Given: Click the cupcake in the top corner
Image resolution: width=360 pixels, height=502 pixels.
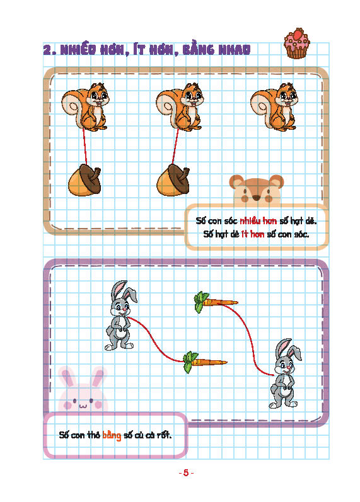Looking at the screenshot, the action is click(x=297, y=43).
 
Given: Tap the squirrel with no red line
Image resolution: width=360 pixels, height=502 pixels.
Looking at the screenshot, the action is click(x=274, y=107).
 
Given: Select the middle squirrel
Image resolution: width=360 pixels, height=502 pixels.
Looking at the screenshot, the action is click(x=180, y=107).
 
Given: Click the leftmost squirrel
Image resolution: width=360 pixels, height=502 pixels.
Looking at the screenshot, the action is click(x=86, y=107).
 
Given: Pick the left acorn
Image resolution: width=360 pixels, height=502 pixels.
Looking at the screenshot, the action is click(x=84, y=180).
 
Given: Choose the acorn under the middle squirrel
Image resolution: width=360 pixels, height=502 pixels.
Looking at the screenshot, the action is click(x=173, y=180).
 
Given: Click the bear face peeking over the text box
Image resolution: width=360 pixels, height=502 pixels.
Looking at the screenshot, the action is click(x=257, y=190).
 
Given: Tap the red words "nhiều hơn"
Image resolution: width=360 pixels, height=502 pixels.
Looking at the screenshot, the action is click(x=258, y=220).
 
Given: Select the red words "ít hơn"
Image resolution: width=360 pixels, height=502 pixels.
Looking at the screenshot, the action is click(x=253, y=234).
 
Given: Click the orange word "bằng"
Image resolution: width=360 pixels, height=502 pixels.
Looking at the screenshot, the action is click(x=112, y=435).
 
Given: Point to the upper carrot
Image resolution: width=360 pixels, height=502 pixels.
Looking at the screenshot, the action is click(x=216, y=302).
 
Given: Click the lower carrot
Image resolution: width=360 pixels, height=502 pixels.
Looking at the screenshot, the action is click(x=205, y=362).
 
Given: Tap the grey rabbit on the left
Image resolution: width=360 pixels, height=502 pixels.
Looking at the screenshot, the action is click(x=120, y=316).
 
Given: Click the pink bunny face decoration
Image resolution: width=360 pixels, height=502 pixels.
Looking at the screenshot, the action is click(x=83, y=391).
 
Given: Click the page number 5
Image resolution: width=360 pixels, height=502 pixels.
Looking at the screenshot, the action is click(x=186, y=473).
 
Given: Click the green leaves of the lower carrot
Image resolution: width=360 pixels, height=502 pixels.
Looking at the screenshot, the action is click(x=190, y=362).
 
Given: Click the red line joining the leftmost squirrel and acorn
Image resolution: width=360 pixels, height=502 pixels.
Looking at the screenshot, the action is click(x=84, y=146).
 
